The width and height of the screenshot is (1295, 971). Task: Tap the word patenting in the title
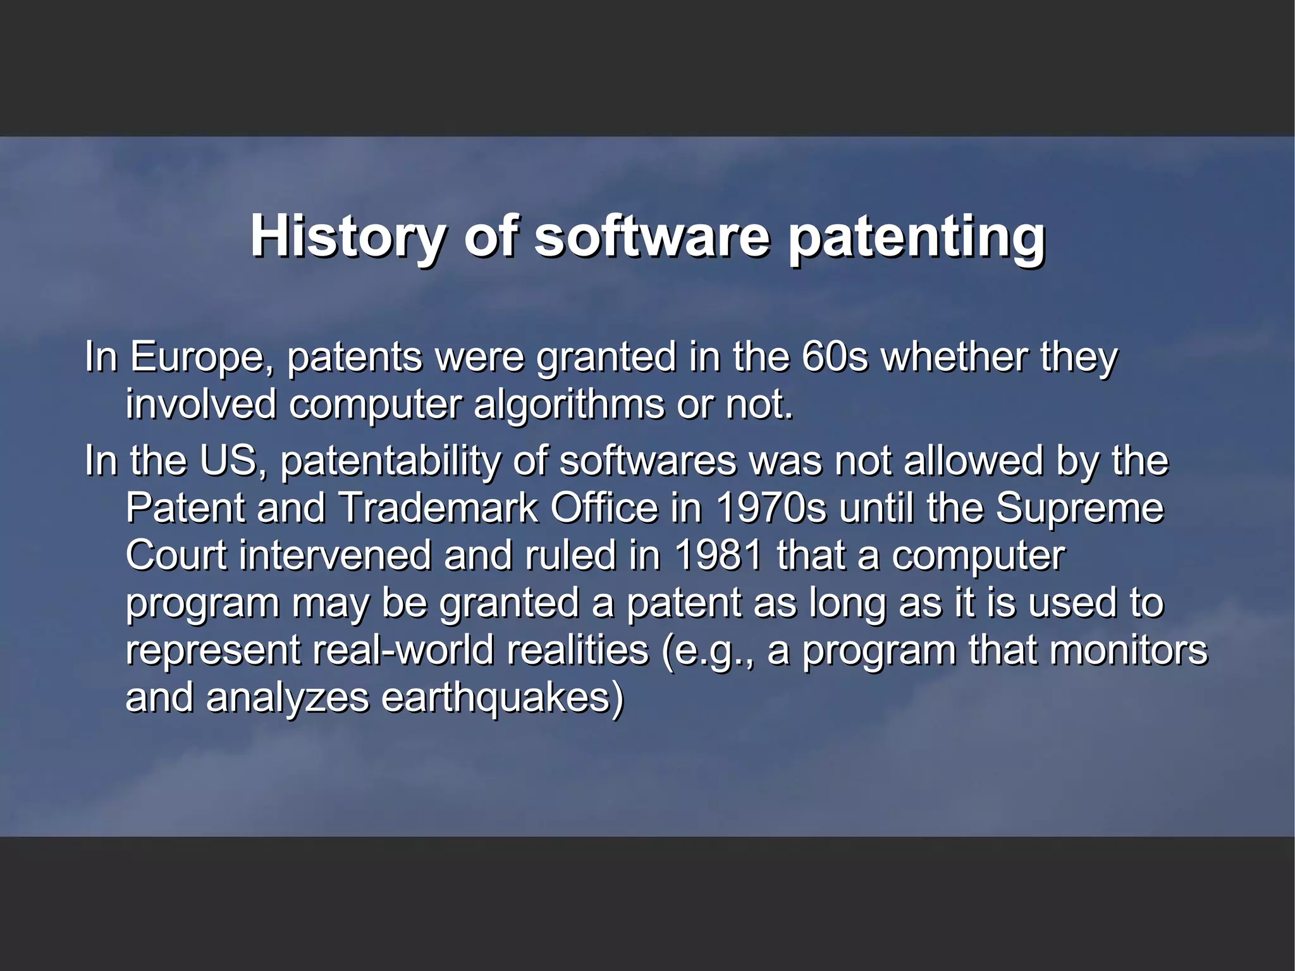(916, 238)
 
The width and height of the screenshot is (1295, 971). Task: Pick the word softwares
(648, 461)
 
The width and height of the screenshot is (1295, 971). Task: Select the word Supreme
(1079, 508)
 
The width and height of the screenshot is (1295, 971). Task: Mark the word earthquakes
(502, 698)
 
